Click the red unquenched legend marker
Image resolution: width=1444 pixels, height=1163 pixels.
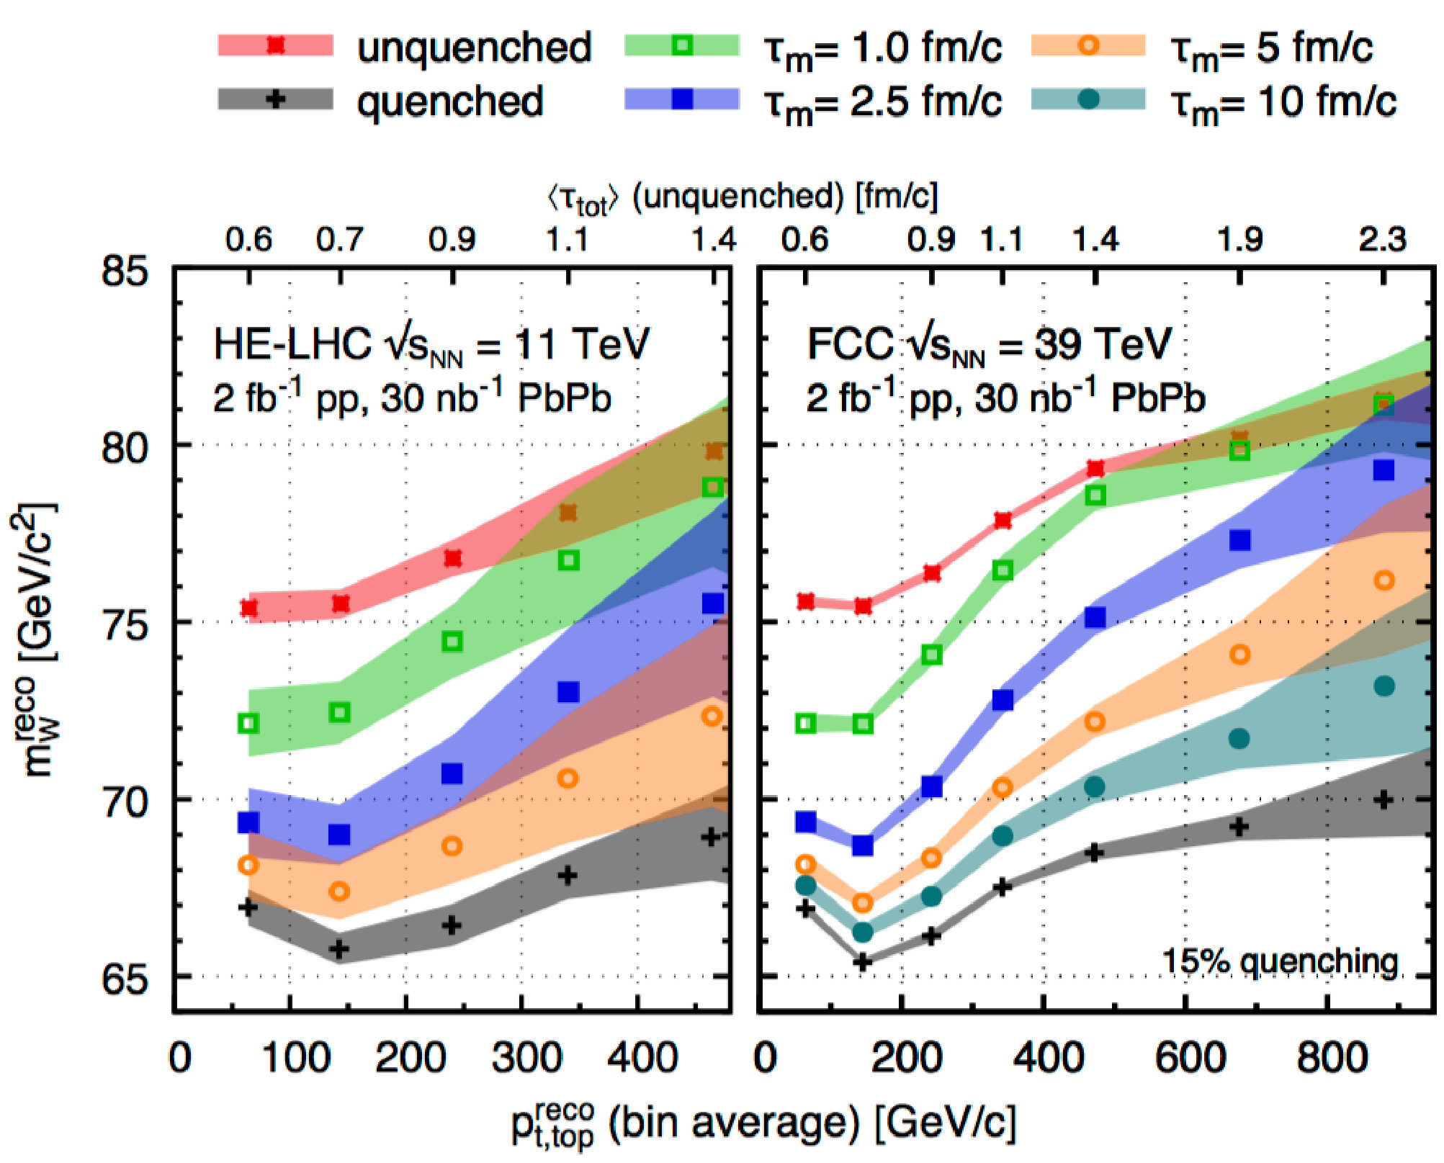275,45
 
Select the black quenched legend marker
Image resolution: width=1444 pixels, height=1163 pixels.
275,99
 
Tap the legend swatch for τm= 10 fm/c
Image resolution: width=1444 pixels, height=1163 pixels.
1089,99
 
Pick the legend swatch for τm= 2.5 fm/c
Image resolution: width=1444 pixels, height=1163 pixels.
682,99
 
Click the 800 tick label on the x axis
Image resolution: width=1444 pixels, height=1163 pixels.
1332,1058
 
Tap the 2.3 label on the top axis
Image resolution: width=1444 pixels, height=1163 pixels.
1382,239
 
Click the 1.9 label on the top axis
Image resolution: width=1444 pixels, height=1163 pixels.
1239,239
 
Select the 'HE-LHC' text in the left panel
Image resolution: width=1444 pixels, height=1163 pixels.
292,343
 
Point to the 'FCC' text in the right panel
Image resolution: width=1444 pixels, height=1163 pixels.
850,343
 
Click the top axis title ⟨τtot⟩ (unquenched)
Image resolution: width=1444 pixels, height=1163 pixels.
742,197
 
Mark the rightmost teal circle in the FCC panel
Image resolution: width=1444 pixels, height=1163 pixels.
1384,686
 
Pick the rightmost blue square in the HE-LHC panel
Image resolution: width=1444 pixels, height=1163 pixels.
712,603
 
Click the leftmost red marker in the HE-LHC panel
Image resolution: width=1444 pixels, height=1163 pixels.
248,609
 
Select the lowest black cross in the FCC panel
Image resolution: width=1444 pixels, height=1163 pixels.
862,962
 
